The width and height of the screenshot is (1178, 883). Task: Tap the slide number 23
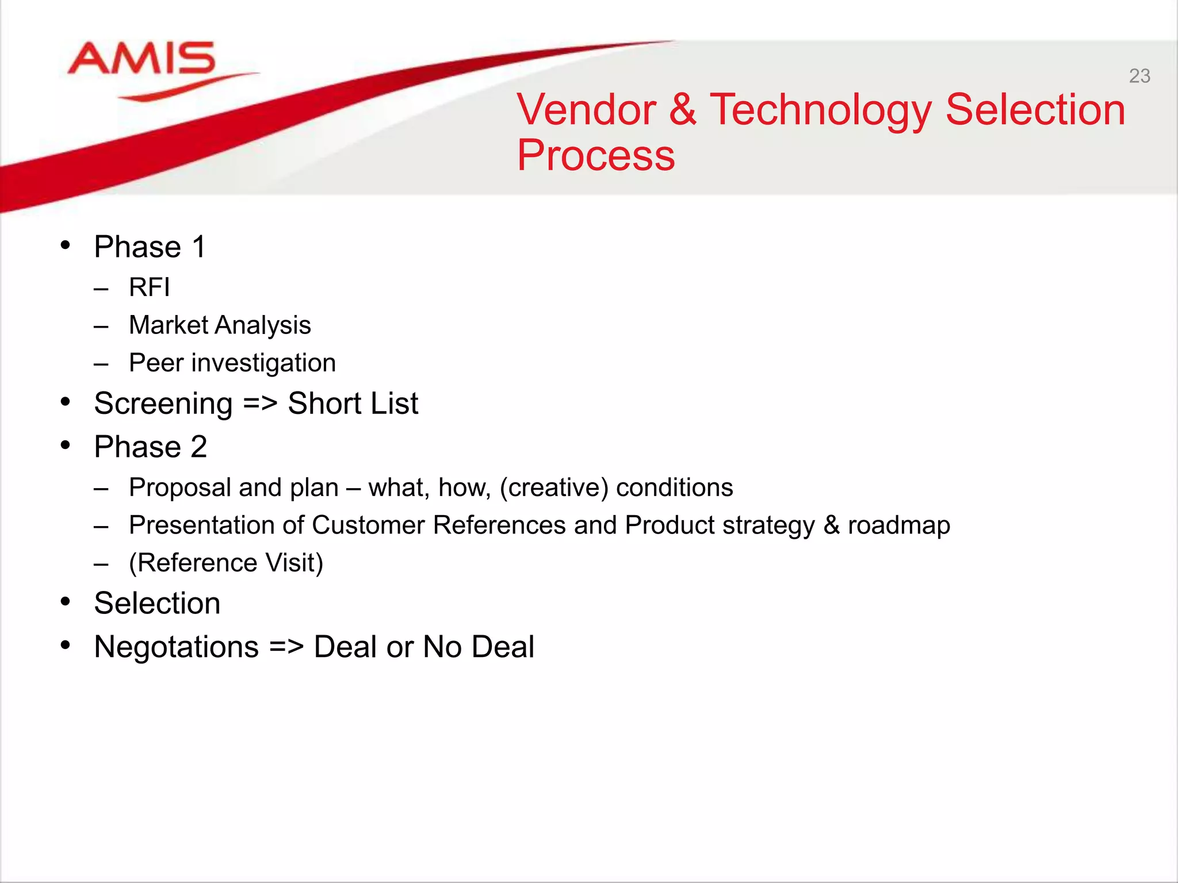coord(1139,76)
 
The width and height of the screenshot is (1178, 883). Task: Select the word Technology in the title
coord(820,110)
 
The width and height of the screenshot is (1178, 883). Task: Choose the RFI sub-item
coord(150,287)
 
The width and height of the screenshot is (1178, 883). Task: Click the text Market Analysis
coord(220,325)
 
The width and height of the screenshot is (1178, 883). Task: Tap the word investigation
coord(263,363)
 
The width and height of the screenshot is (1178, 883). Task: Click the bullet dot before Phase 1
coord(66,245)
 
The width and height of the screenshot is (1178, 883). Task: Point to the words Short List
coord(353,404)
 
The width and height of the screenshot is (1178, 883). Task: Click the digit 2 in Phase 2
coord(198,447)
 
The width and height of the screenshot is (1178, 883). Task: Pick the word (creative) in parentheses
coord(553,487)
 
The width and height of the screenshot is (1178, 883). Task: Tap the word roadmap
coord(898,525)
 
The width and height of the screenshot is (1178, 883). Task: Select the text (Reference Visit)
coord(226,562)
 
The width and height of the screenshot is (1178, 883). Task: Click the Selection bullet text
coord(157,603)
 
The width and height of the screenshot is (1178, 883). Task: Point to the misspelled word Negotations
coord(176,647)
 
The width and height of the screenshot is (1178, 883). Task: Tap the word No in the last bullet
coord(442,647)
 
